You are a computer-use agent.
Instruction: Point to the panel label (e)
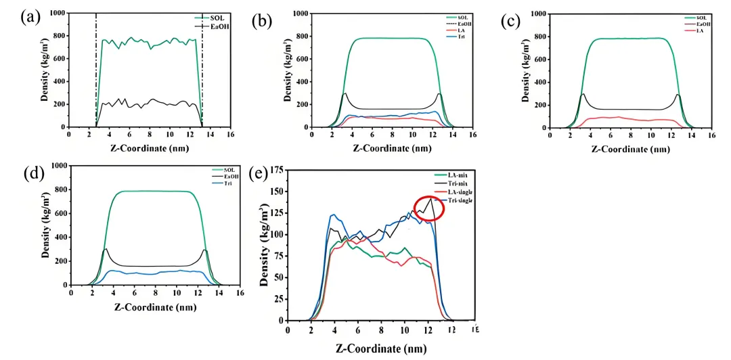(260, 174)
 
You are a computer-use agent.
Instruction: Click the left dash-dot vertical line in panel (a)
(96, 68)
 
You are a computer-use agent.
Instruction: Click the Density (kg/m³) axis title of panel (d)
(44, 225)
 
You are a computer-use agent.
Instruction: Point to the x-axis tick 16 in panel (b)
(471, 135)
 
